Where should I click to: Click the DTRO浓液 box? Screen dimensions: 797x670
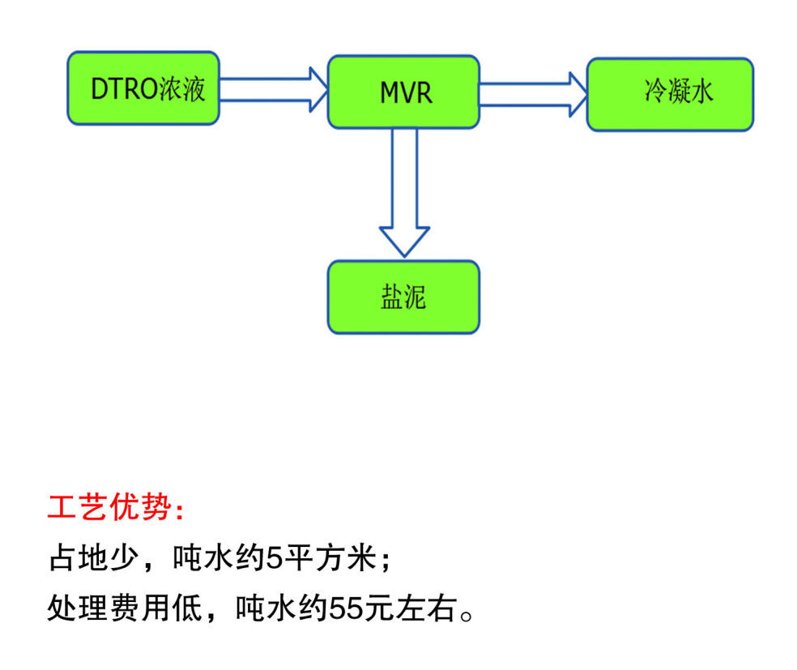pos(143,88)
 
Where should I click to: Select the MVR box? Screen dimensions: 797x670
pos(403,92)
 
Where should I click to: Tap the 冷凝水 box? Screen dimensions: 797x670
pos(670,95)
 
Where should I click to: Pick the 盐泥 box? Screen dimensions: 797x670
pos(403,297)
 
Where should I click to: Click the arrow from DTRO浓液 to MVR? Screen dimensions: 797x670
pos(274,90)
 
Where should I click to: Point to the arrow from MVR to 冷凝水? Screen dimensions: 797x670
pos(533,95)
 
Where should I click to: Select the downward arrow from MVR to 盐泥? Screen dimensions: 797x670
pos(405,193)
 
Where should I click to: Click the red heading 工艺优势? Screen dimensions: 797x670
pos(109,507)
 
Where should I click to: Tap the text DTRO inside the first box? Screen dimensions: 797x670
pos(124,89)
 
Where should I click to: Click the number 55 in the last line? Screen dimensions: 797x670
pos(347,608)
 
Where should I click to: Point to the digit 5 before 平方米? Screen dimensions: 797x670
pos(275,558)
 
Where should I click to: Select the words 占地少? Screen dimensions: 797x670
pos(94,557)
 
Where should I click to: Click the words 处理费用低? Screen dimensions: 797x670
pos(125,608)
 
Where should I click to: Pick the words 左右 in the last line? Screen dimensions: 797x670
pos(426,608)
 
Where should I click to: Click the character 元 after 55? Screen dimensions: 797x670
pos(379,608)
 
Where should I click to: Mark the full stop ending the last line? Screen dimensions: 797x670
pos(466,616)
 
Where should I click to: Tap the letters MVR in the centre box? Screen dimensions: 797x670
pos(406,92)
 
